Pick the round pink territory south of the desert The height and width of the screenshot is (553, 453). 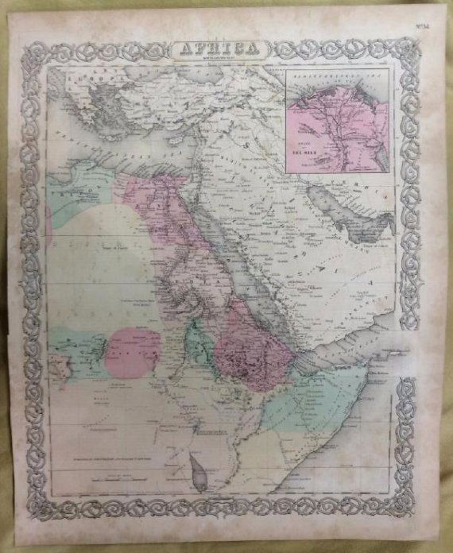131,350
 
